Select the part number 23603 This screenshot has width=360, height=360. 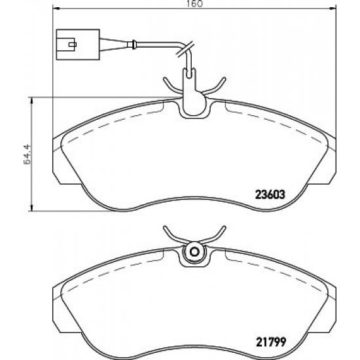click(270, 193)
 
